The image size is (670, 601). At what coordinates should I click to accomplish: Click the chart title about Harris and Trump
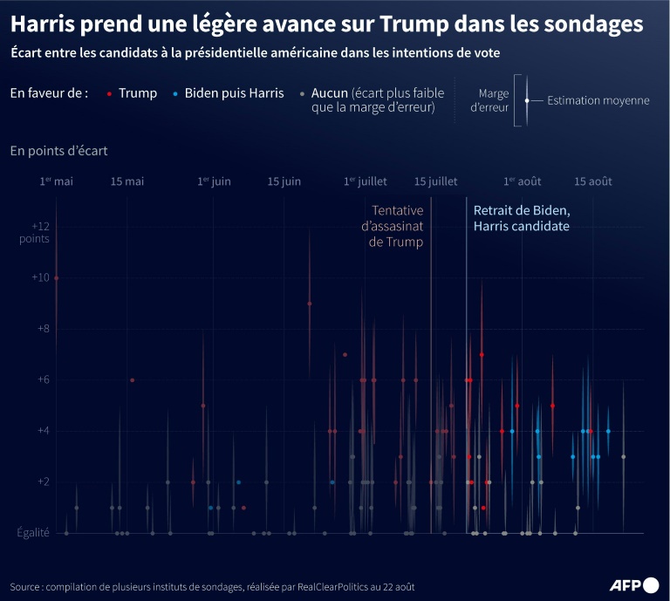click(x=326, y=24)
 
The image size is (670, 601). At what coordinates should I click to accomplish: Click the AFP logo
click(x=633, y=584)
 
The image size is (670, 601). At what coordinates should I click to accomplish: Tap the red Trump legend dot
click(x=108, y=93)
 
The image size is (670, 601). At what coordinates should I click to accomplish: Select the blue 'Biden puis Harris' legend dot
click(x=175, y=93)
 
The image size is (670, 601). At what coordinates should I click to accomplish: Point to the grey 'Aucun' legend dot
click(x=302, y=93)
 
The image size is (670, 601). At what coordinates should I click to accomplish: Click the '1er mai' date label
click(x=56, y=181)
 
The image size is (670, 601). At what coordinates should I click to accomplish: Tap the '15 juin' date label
click(x=284, y=181)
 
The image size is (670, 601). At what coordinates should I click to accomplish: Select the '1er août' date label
click(x=522, y=181)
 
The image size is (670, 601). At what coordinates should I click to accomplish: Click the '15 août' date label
click(x=592, y=181)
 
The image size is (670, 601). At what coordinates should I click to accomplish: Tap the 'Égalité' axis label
click(x=31, y=533)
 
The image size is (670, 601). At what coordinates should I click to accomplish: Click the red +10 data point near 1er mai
click(x=57, y=277)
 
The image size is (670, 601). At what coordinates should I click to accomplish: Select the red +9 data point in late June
click(x=310, y=304)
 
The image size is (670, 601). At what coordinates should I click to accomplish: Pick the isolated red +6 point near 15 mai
click(x=133, y=380)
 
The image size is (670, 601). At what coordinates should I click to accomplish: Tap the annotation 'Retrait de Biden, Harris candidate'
click(x=522, y=218)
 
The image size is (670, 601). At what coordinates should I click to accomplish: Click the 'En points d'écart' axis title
click(x=59, y=151)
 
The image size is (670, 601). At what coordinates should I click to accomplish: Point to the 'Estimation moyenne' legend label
click(x=598, y=100)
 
